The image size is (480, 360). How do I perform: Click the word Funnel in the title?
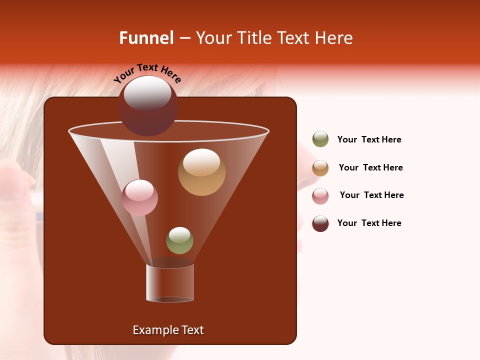pyautogui.click(x=146, y=38)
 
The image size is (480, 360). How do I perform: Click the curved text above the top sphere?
pyautogui.click(x=147, y=72)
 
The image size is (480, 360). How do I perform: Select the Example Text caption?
pyautogui.click(x=168, y=330)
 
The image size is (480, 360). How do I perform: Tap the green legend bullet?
pyautogui.click(x=320, y=139)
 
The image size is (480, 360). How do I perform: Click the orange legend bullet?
pyautogui.click(x=320, y=168)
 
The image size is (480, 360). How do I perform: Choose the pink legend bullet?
pyautogui.click(x=320, y=196)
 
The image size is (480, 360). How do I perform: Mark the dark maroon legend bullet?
pyautogui.click(x=320, y=223)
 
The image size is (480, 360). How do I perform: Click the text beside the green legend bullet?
pyautogui.click(x=369, y=139)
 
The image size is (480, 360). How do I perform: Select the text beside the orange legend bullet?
pyautogui.click(x=370, y=167)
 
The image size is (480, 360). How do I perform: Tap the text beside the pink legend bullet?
pyautogui.click(x=371, y=195)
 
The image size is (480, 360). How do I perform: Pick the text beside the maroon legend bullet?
pyautogui.click(x=369, y=223)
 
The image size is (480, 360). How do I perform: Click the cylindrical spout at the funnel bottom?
pyautogui.click(x=170, y=283)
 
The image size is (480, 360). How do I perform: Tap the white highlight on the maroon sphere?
pyautogui.click(x=147, y=93)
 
